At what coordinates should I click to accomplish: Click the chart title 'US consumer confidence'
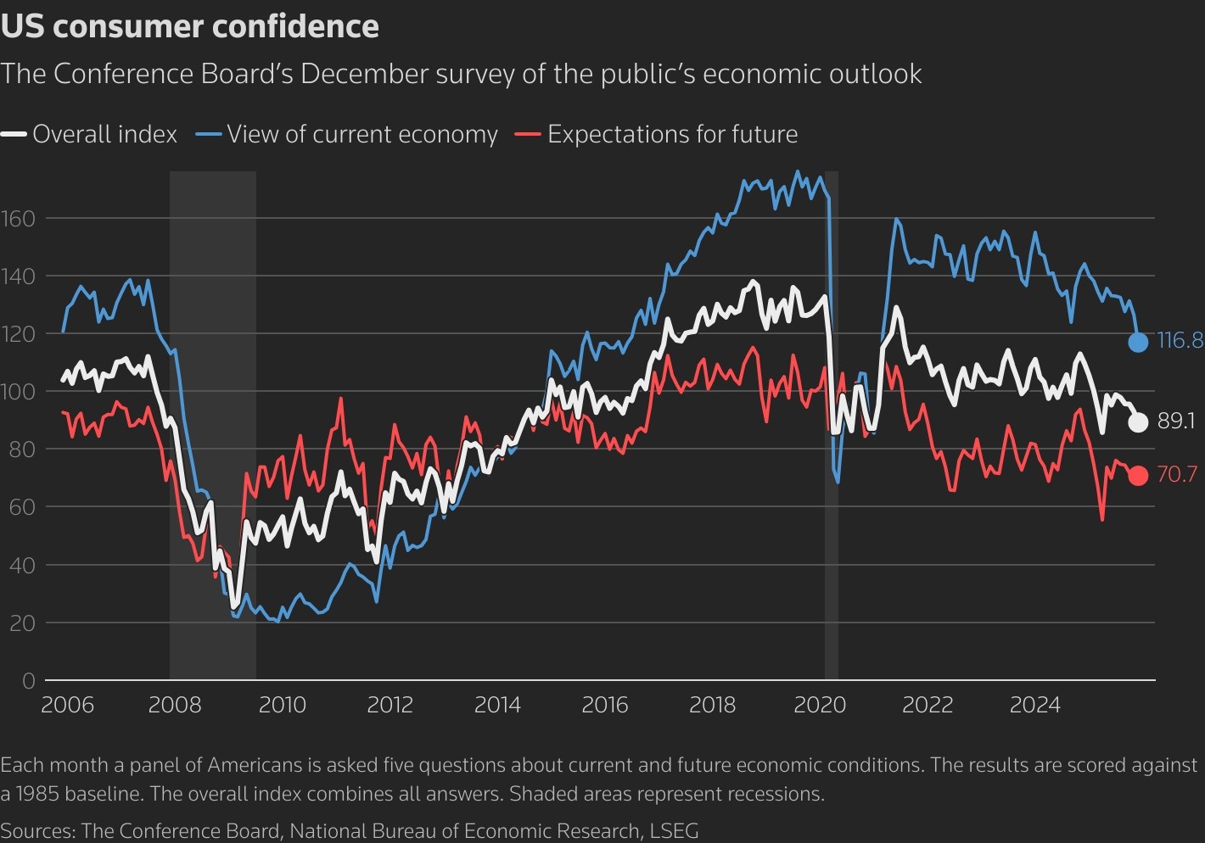pos(189,26)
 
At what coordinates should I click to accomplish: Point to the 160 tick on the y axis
pos(18,219)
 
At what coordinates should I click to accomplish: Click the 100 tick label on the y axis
pos(18,392)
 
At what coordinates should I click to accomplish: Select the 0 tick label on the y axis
pos(28,681)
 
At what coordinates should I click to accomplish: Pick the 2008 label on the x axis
pos(175,705)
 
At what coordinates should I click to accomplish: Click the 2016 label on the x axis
pos(605,705)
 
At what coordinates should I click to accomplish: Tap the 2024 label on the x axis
pos(1035,705)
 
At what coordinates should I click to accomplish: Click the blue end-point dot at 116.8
pos(1138,342)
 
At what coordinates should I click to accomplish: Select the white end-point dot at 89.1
pos(1138,421)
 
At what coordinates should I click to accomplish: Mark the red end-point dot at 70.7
pos(1138,476)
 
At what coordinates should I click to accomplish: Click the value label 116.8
pos(1180,341)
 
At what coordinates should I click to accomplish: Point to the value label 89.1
pos(1176,421)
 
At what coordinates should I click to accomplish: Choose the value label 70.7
pos(1177,475)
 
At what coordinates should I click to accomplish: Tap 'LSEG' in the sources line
pos(674,831)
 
